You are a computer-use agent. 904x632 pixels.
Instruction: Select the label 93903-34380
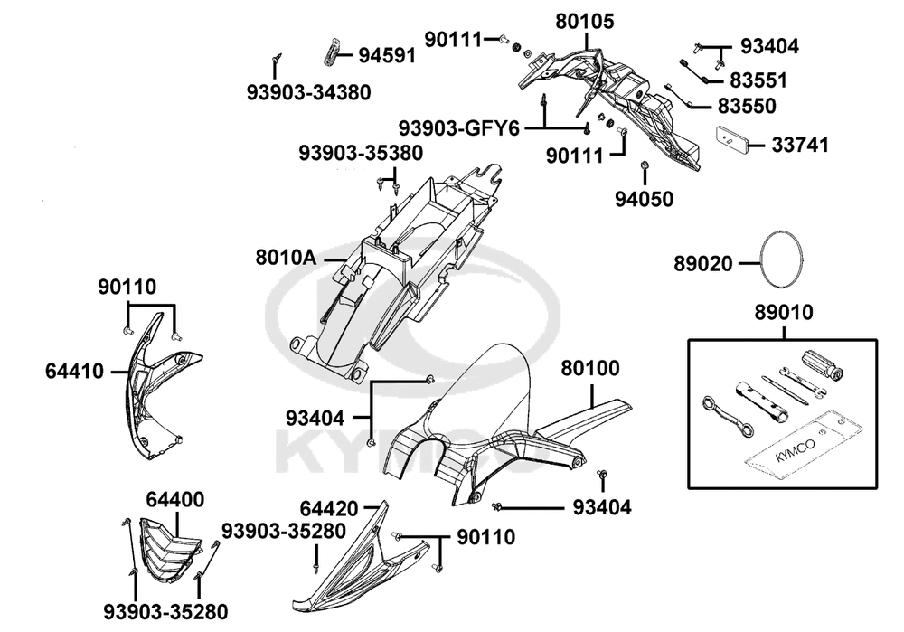click(x=308, y=92)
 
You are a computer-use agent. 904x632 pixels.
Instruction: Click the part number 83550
click(x=747, y=106)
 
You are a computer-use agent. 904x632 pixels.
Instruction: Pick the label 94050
click(x=645, y=198)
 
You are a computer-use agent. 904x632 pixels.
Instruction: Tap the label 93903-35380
click(x=361, y=154)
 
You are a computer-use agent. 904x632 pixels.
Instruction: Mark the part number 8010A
click(x=285, y=258)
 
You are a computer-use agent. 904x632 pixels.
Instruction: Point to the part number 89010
click(x=784, y=313)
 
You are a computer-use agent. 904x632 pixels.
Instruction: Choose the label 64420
click(x=329, y=509)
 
